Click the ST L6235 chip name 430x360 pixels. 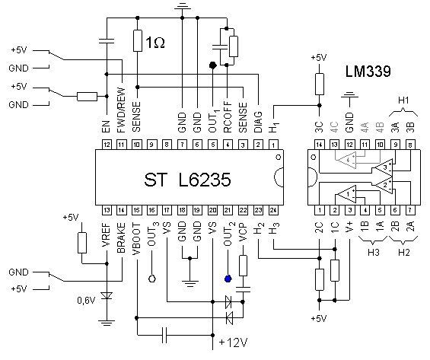[187, 180]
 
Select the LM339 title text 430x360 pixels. [368, 72]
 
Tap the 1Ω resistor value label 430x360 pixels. [155, 43]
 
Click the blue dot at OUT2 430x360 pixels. [228, 279]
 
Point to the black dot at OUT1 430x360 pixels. [213, 65]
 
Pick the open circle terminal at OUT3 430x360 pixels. [152, 279]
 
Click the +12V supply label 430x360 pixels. [234, 342]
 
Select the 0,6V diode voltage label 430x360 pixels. [86, 301]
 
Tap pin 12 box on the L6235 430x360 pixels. [107, 145]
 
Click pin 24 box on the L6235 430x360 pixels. [273, 210]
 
